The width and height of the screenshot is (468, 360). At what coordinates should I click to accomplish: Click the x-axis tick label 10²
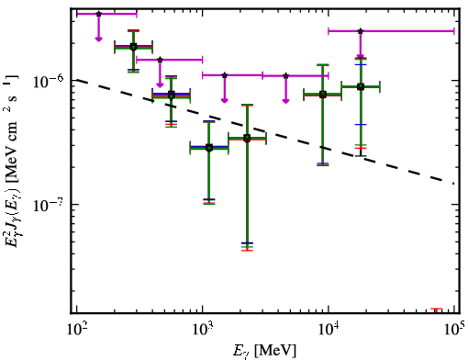(x=76, y=330)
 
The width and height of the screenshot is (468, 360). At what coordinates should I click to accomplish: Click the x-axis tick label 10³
(x=202, y=330)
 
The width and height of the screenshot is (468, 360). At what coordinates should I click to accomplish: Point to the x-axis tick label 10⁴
(x=329, y=330)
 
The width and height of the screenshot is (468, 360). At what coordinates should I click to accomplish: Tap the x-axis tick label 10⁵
(x=454, y=330)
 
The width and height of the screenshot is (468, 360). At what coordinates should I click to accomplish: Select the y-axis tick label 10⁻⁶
(x=48, y=80)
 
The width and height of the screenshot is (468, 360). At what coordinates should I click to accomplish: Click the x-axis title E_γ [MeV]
(x=264, y=351)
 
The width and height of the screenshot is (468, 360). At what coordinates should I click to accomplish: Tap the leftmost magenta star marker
(x=98, y=14)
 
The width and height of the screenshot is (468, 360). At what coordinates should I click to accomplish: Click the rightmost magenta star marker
(x=361, y=31)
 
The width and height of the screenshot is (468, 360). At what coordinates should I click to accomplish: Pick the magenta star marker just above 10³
(x=225, y=75)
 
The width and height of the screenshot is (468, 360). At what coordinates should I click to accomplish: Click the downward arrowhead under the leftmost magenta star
(x=98, y=39)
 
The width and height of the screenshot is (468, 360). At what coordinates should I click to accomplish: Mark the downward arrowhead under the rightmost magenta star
(x=361, y=56)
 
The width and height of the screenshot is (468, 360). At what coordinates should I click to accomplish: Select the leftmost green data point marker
(x=133, y=47)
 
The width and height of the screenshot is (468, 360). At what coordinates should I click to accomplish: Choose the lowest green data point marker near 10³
(x=209, y=148)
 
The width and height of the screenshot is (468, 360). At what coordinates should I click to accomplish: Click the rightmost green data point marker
(x=361, y=86)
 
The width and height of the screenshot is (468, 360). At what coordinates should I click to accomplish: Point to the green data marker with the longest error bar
(x=247, y=139)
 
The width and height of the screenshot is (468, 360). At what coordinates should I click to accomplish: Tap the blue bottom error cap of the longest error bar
(x=247, y=243)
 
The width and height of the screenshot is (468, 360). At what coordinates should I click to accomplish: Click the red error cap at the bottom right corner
(x=437, y=309)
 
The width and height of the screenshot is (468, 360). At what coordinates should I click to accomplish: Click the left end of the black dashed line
(x=77, y=80)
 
